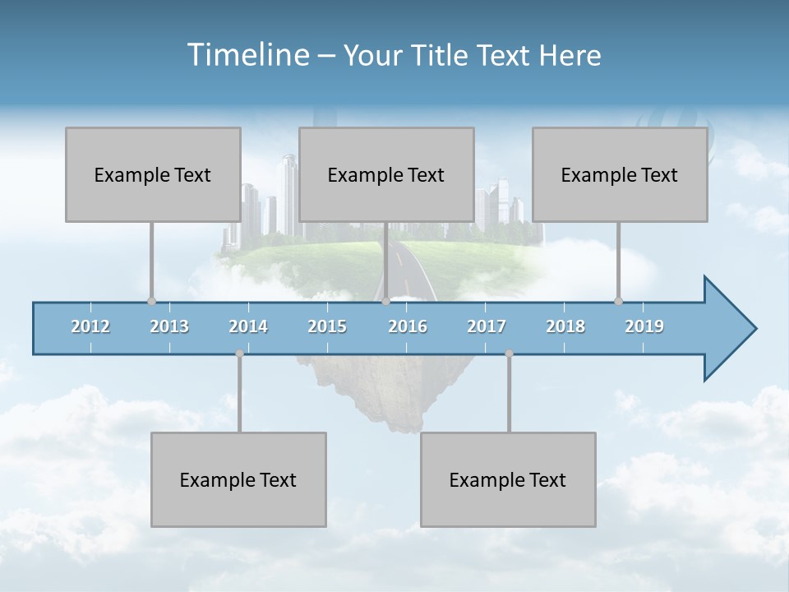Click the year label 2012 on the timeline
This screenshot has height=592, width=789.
pyautogui.click(x=90, y=327)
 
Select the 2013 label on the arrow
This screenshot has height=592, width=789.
pyautogui.click(x=169, y=327)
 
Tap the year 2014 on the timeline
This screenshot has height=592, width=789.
pyautogui.click(x=248, y=327)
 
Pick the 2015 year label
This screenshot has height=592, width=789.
pyautogui.click(x=327, y=327)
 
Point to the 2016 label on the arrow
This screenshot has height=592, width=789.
pyautogui.click(x=408, y=327)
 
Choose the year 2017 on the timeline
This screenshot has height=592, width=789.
pyautogui.click(x=487, y=327)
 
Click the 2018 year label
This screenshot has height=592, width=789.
pyautogui.click(x=565, y=327)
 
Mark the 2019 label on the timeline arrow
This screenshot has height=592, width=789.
pyautogui.click(x=644, y=327)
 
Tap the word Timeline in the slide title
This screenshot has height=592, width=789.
pyautogui.click(x=247, y=55)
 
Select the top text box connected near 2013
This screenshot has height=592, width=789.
pyautogui.click(x=153, y=174)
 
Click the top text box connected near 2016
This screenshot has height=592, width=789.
pyautogui.click(x=386, y=174)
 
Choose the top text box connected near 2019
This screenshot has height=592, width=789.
pyautogui.click(x=620, y=174)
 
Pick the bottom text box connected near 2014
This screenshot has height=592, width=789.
pyautogui.click(x=238, y=479)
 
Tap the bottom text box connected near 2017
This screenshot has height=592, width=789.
pyautogui.click(x=508, y=479)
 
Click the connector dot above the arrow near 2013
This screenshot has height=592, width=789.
pyautogui.click(x=151, y=301)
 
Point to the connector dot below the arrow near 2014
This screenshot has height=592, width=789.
pyautogui.click(x=239, y=354)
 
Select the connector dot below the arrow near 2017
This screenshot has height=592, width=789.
pyautogui.click(x=509, y=354)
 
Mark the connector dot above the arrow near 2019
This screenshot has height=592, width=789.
pyautogui.click(x=618, y=301)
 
